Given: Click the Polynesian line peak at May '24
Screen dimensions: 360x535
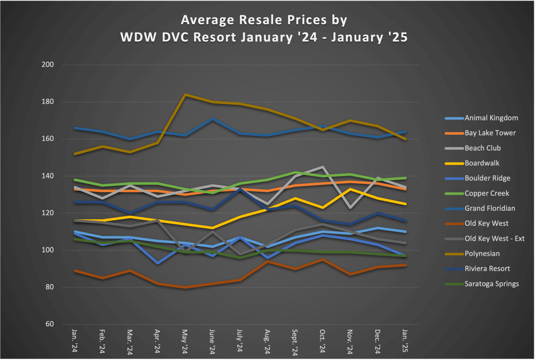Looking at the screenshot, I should (x=185, y=95).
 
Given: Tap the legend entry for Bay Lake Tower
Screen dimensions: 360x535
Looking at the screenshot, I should (x=490, y=133).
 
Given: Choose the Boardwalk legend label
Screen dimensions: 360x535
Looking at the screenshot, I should (x=482, y=163).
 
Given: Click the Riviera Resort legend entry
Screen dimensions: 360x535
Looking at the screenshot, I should (x=487, y=269).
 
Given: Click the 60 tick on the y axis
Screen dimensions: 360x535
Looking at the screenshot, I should (x=51, y=324).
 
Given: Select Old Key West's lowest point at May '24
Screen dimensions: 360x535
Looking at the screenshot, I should (x=185, y=287).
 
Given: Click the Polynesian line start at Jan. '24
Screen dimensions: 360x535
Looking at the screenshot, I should (x=75, y=154).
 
